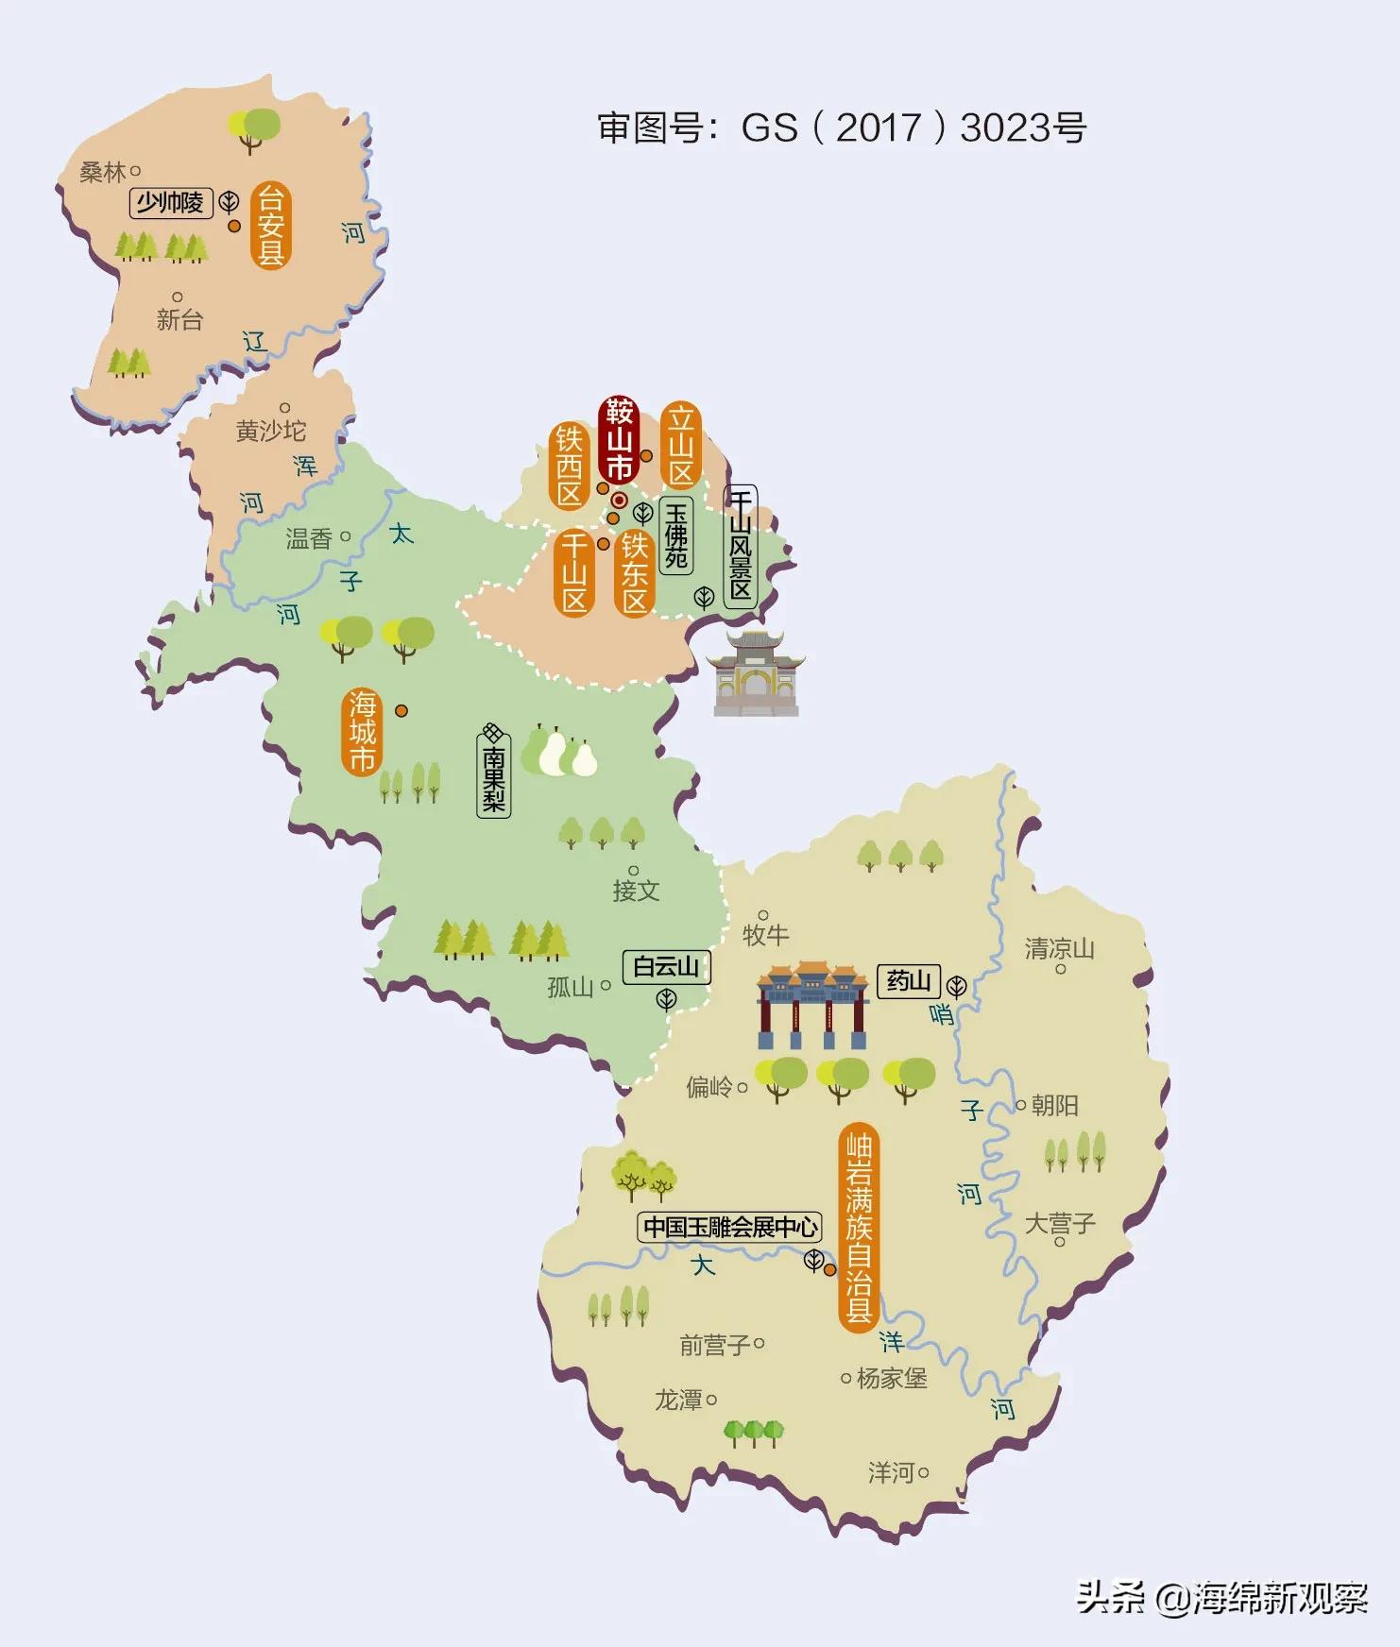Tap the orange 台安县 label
coord(270,226)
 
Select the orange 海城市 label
coord(362,732)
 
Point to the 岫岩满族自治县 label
coord(859,1228)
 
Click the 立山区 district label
coord(681,446)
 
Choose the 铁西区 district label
coord(570,466)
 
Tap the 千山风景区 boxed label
coord(741,546)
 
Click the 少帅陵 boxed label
coord(171,202)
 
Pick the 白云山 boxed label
coord(666,966)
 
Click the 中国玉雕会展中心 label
coord(729,1227)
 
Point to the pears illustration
coord(560,752)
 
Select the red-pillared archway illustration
coord(812,1005)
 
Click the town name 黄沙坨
coord(271,431)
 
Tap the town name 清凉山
coord(1059,948)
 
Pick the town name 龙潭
coord(679,1400)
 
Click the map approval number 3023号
coord(1023,127)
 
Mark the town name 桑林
coord(103,172)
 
